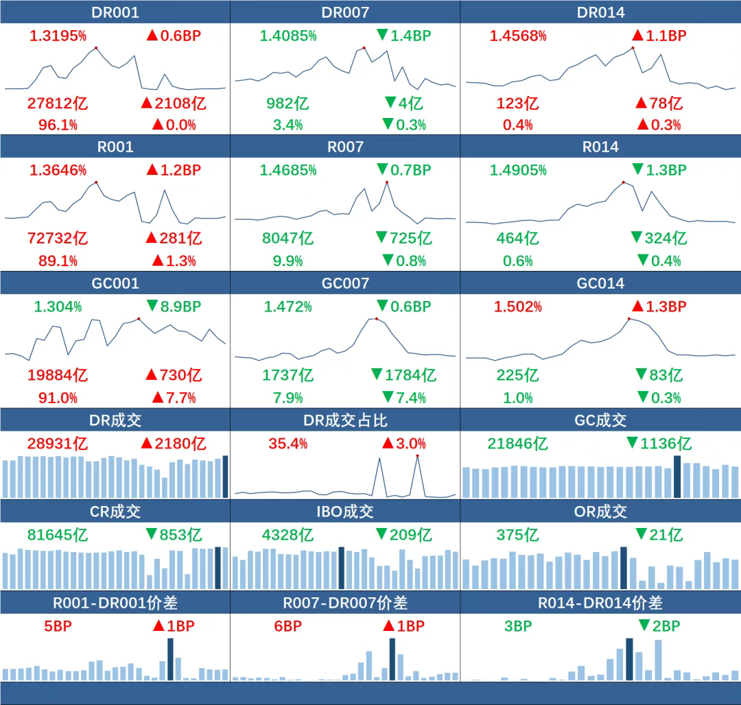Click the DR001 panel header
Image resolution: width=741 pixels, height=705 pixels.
[115, 12]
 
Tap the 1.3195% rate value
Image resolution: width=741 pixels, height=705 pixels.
[58, 36]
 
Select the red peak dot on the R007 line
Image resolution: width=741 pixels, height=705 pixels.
[387, 182]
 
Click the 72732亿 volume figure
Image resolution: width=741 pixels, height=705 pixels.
[58, 239]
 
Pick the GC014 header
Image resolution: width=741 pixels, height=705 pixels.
[600, 283]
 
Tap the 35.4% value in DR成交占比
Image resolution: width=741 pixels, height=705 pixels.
[287, 443]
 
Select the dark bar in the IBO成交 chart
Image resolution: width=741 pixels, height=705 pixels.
[341, 568]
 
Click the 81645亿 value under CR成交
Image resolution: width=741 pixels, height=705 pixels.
[58, 535]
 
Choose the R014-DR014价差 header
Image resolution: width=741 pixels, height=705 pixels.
[600, 603]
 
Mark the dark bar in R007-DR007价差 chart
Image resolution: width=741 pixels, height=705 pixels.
[392, 659]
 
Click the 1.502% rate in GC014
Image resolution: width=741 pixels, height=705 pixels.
[518, 307]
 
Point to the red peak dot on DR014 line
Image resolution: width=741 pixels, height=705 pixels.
[633, 48]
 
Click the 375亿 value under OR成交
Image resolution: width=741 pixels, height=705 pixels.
[518, 535]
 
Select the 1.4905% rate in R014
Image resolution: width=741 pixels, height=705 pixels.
[518, 170]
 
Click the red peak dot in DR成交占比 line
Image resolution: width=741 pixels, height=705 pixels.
[417, 456]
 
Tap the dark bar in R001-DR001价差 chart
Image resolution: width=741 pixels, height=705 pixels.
[170, 659]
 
